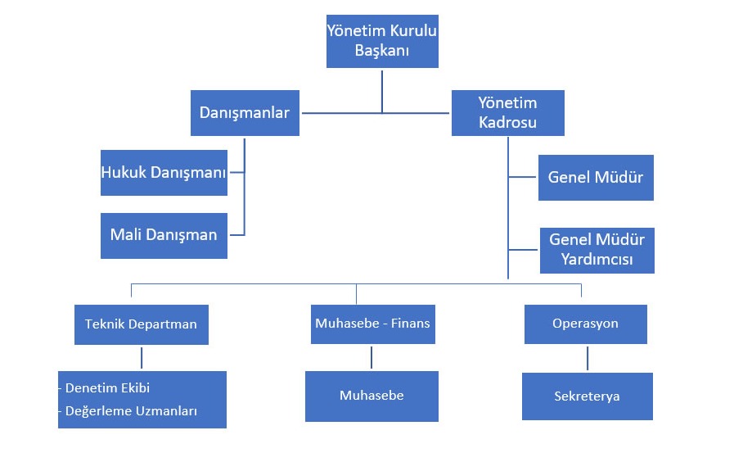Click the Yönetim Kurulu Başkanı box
click(382, 41)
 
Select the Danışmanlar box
click(245, 113)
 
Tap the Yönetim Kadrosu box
click(507, 113)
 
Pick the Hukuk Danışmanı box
click(164, 173)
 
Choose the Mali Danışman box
click(164, 235)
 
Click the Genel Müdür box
click(596, 178)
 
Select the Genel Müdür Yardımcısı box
click(597, 250)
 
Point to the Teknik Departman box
click(141, 324)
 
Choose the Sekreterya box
click(587, 396)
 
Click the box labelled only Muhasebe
click(371, 396)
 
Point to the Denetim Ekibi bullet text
click(106, 388)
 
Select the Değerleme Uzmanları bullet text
click(130, 411)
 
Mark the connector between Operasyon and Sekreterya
click(587, 358)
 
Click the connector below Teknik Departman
click(142, 357)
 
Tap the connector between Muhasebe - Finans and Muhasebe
click(371, 357)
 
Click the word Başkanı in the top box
click(381, 51)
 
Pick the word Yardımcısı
click(596, 260)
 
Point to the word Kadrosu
click(507, 123)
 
